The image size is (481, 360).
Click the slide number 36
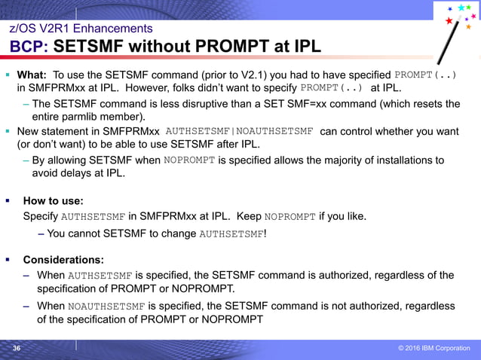click(16, 348)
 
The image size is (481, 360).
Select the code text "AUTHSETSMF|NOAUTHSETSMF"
click(239, 131)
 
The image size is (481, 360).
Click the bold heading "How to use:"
click(53, 201)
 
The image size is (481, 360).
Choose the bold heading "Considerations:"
click(63, 260)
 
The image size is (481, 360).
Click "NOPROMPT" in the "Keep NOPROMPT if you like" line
click(290, 217)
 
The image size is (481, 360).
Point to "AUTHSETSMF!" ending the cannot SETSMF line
click(232, 233)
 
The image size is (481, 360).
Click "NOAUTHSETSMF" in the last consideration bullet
click(106, 307)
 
